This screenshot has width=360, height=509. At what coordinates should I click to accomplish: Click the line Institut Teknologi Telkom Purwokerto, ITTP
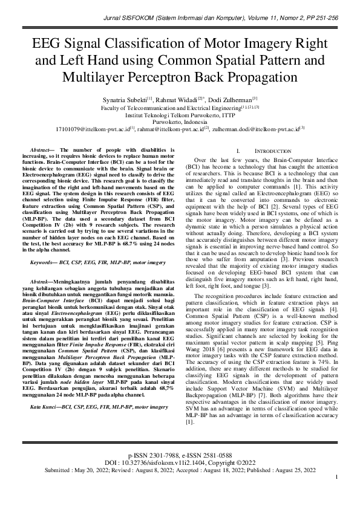click(x=180, y=114)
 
